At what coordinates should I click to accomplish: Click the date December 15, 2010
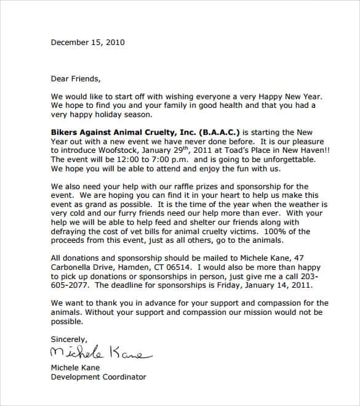(87, 43)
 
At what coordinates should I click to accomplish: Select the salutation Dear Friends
(74, 78)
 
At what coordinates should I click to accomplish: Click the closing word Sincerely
(70, 339)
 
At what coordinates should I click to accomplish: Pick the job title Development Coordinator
(98, 376)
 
